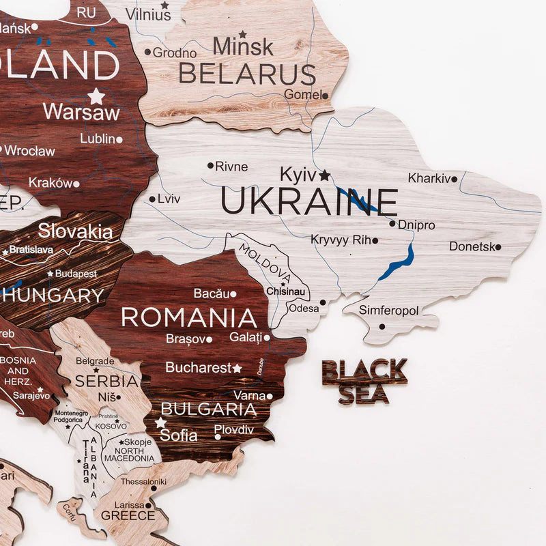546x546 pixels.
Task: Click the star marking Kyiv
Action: [324, 175]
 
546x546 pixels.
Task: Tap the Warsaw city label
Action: [81, 112]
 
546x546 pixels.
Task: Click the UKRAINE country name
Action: [308, 203]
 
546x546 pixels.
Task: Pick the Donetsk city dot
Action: [498, 247]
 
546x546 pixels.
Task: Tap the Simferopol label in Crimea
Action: [389, 311]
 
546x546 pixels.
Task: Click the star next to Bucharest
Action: [238, 368]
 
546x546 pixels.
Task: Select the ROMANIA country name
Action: [189, 317]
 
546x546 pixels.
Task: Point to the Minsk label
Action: [243, 47]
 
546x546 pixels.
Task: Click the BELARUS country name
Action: [246, 74]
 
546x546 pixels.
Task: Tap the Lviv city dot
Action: [152, 199]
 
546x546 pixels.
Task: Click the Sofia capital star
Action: [160, 422]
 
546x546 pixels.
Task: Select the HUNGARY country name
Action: [53, 296]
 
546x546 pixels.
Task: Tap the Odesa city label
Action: [304, 308]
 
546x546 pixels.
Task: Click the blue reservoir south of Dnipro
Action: [399, 262]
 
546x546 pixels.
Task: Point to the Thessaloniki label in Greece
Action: [143, 482]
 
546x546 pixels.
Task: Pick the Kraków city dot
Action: [76, 184]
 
